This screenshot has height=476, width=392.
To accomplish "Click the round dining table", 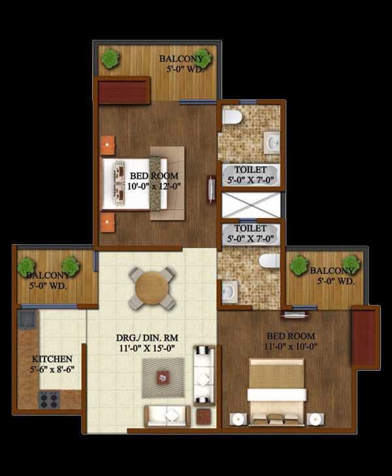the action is coord(152,288).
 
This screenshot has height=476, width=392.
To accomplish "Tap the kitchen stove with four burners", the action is coord(49,400).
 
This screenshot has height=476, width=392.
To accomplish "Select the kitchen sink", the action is coord(27,320).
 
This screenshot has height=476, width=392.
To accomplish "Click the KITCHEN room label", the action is coord(52,359).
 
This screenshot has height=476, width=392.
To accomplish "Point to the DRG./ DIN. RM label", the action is coord(147,338).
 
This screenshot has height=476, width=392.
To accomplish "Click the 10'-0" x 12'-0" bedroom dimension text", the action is coord(154,186).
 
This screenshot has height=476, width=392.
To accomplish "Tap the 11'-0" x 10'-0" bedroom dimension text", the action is coord(291,346).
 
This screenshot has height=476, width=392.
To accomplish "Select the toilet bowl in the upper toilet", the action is coord(232,117).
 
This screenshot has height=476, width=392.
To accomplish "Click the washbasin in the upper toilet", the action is coord(271,142).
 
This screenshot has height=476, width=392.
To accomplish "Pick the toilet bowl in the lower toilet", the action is coord(269,261).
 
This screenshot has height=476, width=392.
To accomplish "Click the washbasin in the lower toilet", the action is coord(229,292).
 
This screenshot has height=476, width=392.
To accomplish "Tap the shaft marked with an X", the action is coord(251,205).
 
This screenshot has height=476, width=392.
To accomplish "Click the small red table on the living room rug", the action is coord(163,377).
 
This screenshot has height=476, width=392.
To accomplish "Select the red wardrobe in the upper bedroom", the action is coord(122,93).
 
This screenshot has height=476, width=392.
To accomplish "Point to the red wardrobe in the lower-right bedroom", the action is coord(363,338).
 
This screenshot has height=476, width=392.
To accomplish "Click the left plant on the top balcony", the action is coord(110,58).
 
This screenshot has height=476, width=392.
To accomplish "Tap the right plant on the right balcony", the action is coord(351,264).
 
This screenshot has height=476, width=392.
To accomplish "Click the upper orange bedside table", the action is coord(108,146).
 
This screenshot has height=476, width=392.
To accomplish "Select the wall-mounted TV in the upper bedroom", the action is coord(211,189).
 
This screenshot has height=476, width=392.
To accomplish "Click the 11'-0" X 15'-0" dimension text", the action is coord(147,348).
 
